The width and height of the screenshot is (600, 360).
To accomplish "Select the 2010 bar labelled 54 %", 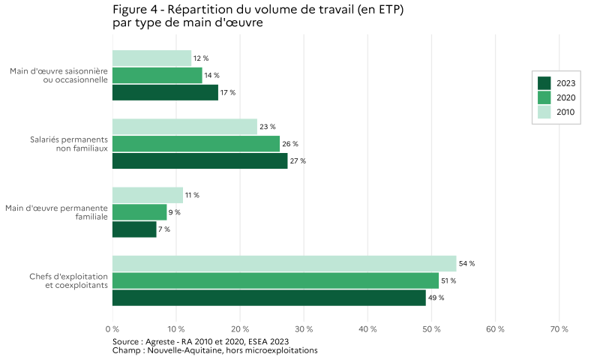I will point(284,263).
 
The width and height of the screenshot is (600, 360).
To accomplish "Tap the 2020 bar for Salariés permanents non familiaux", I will point(196,144).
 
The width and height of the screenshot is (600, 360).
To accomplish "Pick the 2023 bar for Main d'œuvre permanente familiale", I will point(134,229).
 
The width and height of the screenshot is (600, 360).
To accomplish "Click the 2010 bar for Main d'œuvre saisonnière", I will point(151,58).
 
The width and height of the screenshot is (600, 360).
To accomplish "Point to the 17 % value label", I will point(228,93).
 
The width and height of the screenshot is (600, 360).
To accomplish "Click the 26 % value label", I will point(290,144).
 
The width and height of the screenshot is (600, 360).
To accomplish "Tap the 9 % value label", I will point(174,212).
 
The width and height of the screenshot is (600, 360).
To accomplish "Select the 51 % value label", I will point(448,280).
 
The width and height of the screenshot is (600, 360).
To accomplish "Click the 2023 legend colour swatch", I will point(544,82).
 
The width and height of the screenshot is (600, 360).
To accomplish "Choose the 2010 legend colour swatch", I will point(544,112).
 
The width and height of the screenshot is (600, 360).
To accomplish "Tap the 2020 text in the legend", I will point(565,97).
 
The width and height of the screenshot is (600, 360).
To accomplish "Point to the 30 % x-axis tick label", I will point(304,329).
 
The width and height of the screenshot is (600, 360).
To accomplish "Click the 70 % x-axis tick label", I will point(559,329).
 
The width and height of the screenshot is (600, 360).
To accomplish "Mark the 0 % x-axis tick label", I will point(112,329).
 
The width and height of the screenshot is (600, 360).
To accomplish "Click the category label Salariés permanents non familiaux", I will point(69,144).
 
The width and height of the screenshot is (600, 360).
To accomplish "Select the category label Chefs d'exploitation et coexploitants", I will point(69,280).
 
